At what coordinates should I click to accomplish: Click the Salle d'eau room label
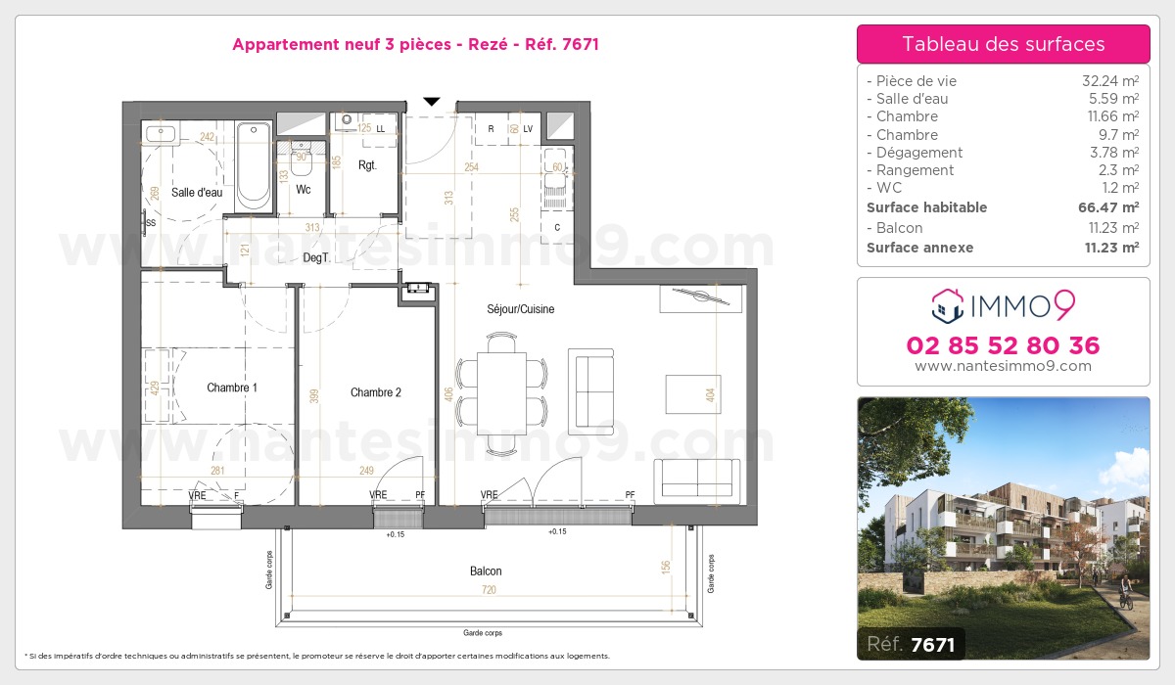pyautogui.click(x=197, y=193)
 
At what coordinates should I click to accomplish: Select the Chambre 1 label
pyautogui.click(x=232, y=388)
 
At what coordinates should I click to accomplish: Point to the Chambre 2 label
pyautogui.click(x=376, y=393)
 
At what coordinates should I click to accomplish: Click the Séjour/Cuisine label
pyautogui.click(x=520, y=309)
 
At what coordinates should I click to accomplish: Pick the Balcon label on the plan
pyautogui.click(x=485, y=571)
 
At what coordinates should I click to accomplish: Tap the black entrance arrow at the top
pyautogui.click(x=432, y=101)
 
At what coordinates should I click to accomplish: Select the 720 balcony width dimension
pyautogui.click(x=490, y=590)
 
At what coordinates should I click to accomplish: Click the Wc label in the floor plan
pyautogui.click(x=304, y=190)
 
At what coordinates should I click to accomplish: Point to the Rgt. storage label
pyautogui.click(x=367, y=165)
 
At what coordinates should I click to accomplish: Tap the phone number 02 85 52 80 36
pyautogui.click(x=1003, y=345)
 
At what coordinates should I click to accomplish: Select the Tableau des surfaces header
pyautogui.click(x=1003, y=44)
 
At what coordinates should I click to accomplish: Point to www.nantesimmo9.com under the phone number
pyautogui.click(x=1003, y=366)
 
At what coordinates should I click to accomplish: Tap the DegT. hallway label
pyautogui.click(x=315, y=257)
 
